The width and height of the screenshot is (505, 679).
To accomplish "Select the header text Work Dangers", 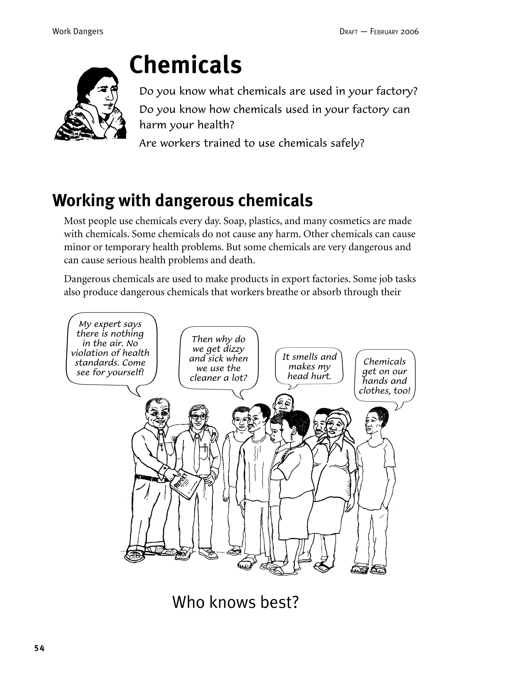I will [78, 32].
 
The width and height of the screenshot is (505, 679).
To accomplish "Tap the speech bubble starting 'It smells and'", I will [309, 366].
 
